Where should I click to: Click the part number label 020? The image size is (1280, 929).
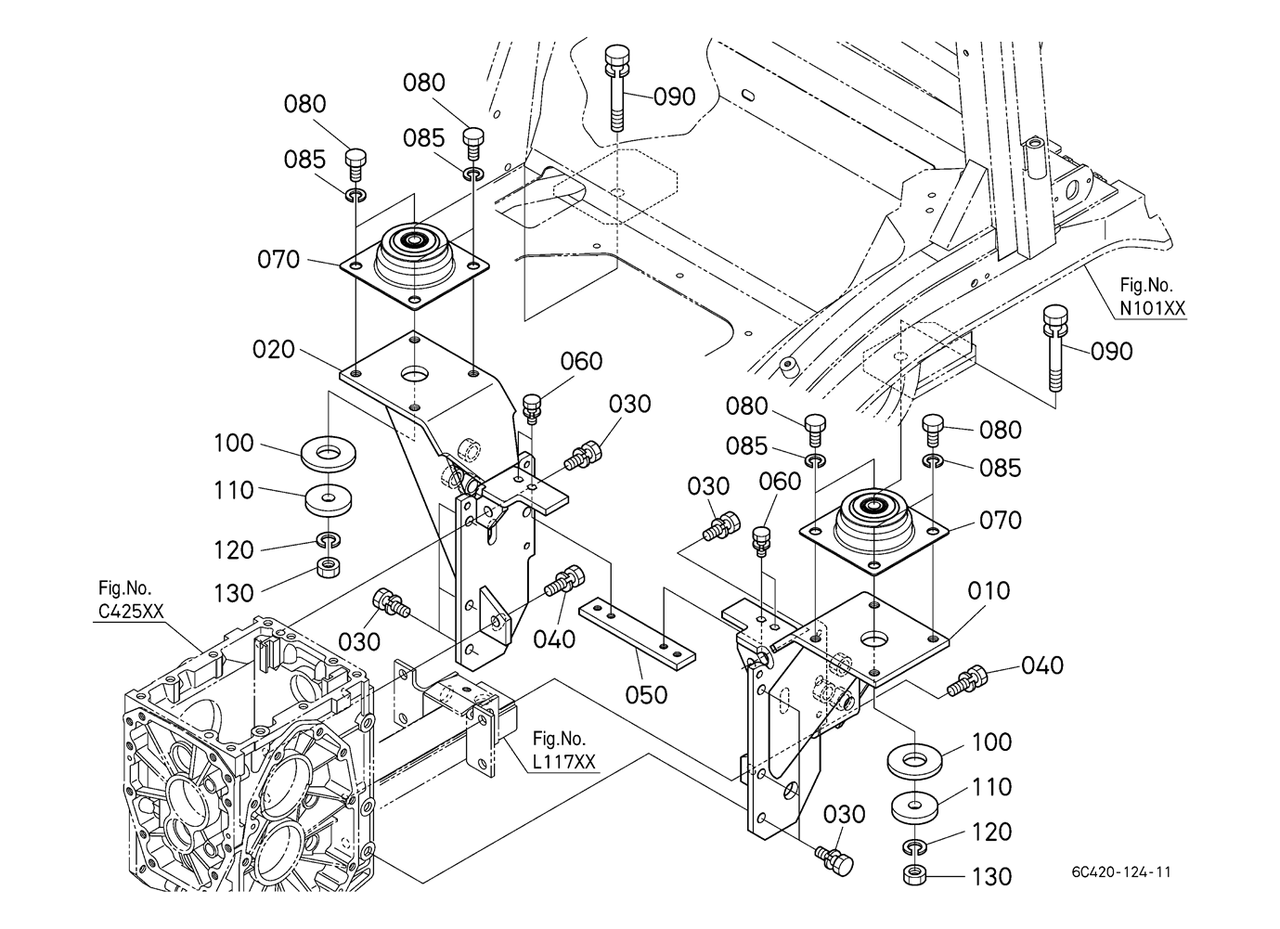(x=274, y=350)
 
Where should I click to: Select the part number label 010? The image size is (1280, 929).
(x=989, y=590)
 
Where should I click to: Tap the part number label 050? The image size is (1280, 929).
(x=646, y=693)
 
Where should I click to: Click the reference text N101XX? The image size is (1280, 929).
(x=1152, y=309)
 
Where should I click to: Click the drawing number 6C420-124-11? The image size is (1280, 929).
(x=1126, y=872)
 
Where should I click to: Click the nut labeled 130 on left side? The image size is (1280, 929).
(x=328, y=566)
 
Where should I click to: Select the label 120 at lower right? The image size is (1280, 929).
(x=992, y=832)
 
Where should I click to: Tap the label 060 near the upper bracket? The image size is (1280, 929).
(x=582, y=361)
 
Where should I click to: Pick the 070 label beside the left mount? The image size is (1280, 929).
(x=278, y=259)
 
